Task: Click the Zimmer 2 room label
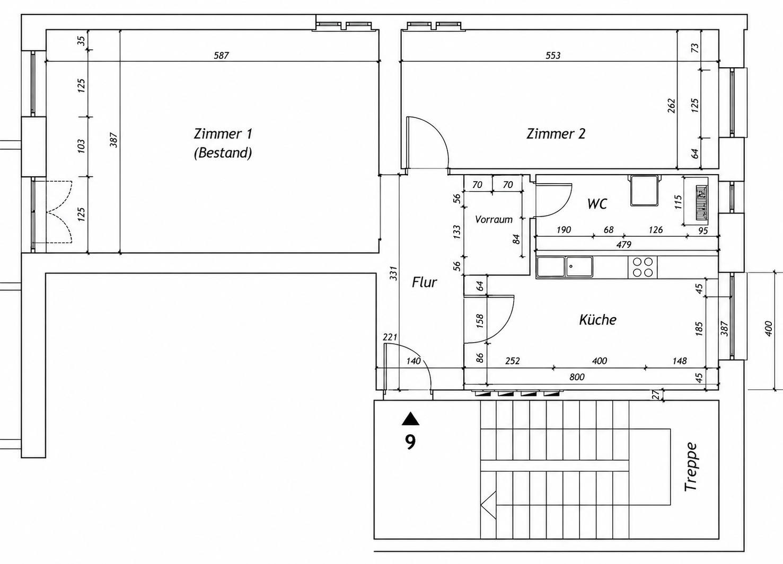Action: (x=556, y=134)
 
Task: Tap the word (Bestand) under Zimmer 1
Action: (x=223, y=153)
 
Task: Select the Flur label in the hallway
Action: (x=424, y=282)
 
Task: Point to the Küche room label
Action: (x=598, y=319)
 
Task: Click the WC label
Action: (x=597, y=203)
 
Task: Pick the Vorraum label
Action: (x=494, y=219)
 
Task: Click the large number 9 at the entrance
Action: (x=410, y=442)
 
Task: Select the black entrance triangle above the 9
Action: (x=410, y=419)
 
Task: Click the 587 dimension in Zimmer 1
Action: (x=221, y=56)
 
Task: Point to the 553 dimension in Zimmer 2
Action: (x=553, y=56)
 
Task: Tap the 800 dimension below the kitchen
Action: (x=577, y=377)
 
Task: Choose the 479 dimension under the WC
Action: (x=623, y=245)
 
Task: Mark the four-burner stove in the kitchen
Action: (x=643, y=267)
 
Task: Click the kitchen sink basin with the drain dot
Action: (x=579, y=267)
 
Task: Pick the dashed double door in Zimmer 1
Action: (x=59, y=212)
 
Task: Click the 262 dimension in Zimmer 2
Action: (x=672, y=106)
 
